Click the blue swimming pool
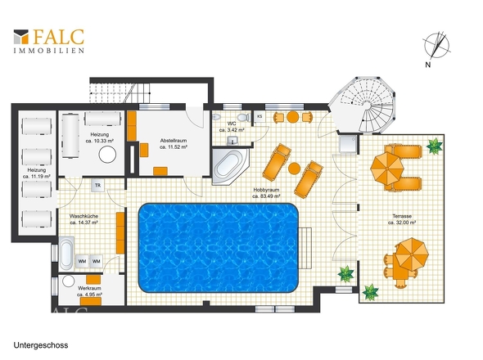(x=219, y=248)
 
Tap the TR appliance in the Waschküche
(x=97, y=186)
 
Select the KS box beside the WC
(x=260, y=116)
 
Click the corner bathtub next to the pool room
(x=229, y=166)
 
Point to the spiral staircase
(x=362, y=106)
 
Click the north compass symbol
(x=436, y=46)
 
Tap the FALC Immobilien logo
(x=48, y=41)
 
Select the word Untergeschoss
(x=41, y=345)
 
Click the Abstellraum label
(x=174, y=141)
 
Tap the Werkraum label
(x=89, y=288)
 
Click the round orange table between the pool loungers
(x=294, y=169)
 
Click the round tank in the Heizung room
(x=107, y=154)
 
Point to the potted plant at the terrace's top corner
(x=435, y=146)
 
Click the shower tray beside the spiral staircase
(x=349, y=143)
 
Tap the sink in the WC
(x=232, y=141)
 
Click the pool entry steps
(x=305, y=248)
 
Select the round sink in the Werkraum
(x=68, y=281)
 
